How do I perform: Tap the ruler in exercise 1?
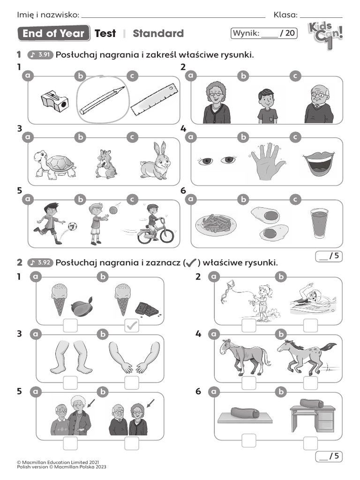click(x=155, y=99)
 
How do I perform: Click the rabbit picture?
click(x=155, y=162)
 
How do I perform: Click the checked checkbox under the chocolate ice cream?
click(x=132, y=326)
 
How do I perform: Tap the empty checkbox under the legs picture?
click(x=70, y=382)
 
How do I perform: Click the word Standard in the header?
click(x=158, y=33)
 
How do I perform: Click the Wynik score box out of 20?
click(x=264, y=33)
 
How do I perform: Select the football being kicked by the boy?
click(x=73, y=226)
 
